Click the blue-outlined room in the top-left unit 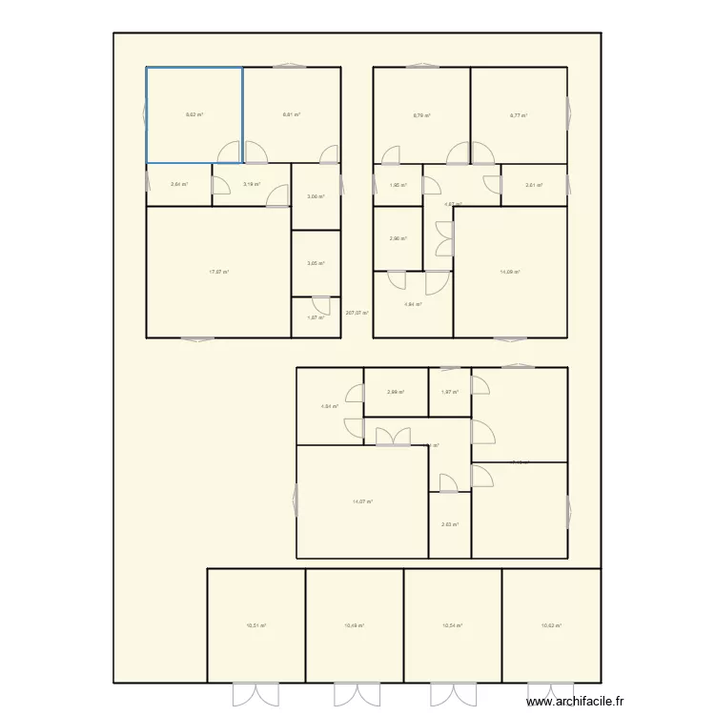(194, 114)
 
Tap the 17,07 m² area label (219, 273)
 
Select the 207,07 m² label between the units (357, 312)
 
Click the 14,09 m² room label (510, 273)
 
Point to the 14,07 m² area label (362, 501)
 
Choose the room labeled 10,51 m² (255, 626)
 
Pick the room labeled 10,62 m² (551, 626)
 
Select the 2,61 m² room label (534, 185)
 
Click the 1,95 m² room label (398, 185)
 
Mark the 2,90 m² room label (398, 238)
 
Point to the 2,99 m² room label (396, 392)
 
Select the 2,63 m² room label (450, 524)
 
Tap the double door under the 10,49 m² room (354, 693)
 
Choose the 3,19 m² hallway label (252, 185)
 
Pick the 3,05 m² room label (316, 264)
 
